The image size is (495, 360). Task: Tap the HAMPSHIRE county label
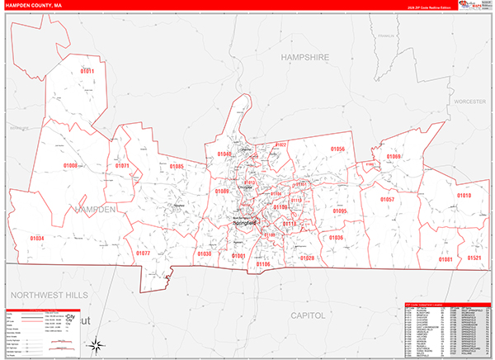click(x=304, y=57)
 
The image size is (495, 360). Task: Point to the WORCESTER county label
click(x=471, y=100)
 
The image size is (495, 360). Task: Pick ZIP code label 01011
click(x=87, y=72)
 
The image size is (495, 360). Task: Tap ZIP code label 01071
click(x=122, y=166)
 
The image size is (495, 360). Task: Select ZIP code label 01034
click(x=37, y=239)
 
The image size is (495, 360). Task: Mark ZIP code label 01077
click(x=143, y=253)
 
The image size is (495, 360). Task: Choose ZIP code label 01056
click(x=337, y=149)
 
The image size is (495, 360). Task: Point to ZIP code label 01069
click(x=394, y=157)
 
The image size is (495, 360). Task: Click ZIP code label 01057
click(x=387, y=200)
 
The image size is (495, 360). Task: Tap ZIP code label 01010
click(x=464, y=196)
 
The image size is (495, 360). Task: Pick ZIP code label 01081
click(x=445, y=259)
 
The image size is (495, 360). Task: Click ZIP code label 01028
click(x=307, y=258)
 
